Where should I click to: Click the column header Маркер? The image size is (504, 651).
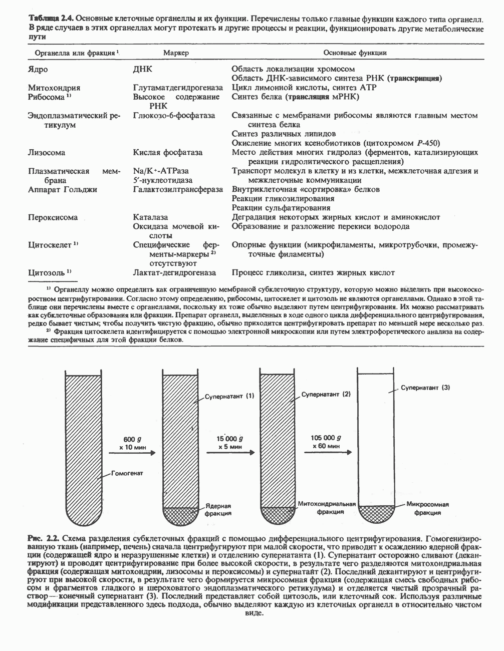pos(176,53)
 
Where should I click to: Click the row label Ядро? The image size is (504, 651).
pos(38,69)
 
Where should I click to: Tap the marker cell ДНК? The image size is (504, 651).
pos(143,69)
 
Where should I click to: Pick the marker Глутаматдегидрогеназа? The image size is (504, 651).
pos(174,88)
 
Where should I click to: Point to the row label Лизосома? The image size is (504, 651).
pos(47,152)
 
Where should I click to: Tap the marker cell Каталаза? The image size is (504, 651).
pos(150,217)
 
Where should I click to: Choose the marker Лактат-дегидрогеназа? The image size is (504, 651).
pos(174,272)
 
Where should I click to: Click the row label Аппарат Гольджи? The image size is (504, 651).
pos(63,189)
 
